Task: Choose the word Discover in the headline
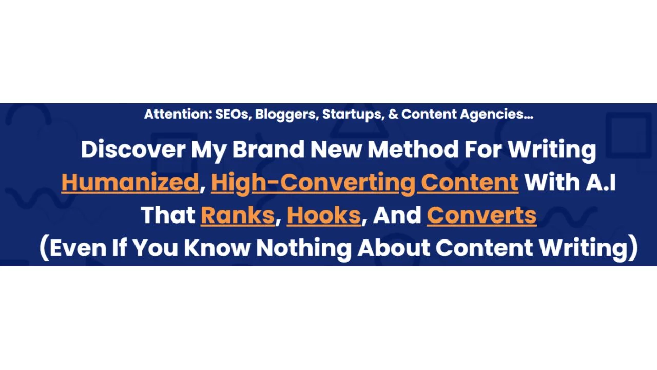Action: (x=133, y=150)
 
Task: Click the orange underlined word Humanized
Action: (x=130, y=182)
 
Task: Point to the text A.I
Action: (x=601, y=182)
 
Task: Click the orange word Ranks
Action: (x=237, y=215)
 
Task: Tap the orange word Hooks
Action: (x=323, y=215)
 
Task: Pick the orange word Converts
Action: (x=481, y=215)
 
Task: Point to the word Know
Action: (x=217, y=248)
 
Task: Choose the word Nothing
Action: (x=303, y=248)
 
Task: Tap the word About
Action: (x=394, y=248)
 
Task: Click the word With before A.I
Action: (x=552, y=182)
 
